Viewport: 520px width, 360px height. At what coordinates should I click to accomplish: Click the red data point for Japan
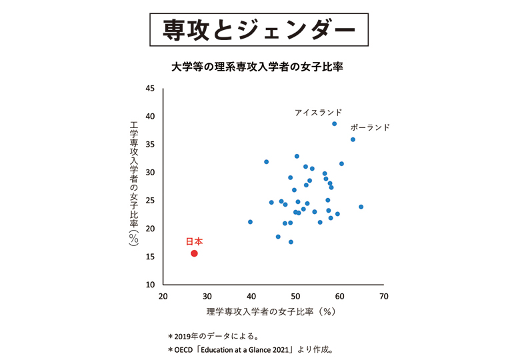(x=194, y=253)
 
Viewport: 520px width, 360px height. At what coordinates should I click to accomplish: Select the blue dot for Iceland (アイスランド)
(x=334, y=124)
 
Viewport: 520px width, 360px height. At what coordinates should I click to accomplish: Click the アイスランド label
(x=318, y=113)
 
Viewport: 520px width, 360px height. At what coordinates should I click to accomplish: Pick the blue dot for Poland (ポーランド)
(x=353, y=139)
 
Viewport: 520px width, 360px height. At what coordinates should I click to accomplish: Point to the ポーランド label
(x=369, y=127)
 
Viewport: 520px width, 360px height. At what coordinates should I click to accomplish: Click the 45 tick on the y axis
(x=150, y=89)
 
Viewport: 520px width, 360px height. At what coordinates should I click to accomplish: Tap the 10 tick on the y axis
(x=150, y=285)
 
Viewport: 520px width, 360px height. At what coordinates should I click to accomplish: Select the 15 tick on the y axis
(x=150, y=257)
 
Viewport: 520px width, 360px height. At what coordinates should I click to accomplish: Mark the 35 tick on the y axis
(x=150, y=145)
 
